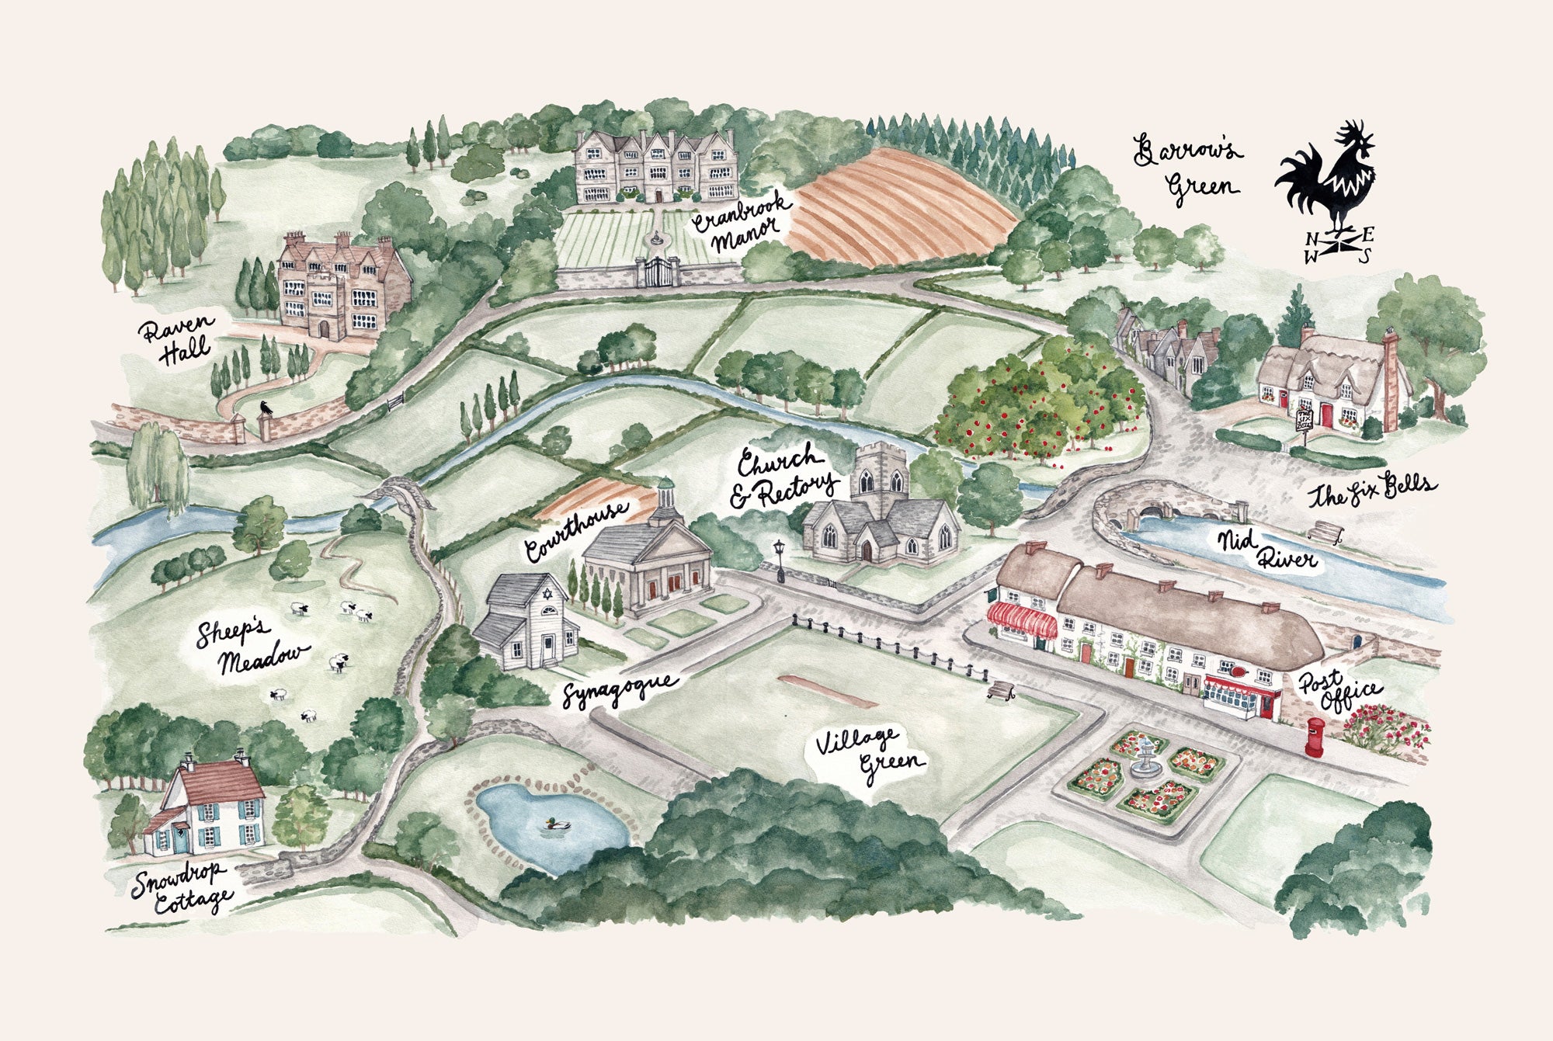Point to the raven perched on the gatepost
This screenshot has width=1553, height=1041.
pos(266,408)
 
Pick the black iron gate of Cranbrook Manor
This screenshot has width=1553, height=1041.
pos(657,272)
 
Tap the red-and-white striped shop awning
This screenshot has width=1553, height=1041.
pos(1021,621)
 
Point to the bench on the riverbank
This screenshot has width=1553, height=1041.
pos(1325,533)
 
